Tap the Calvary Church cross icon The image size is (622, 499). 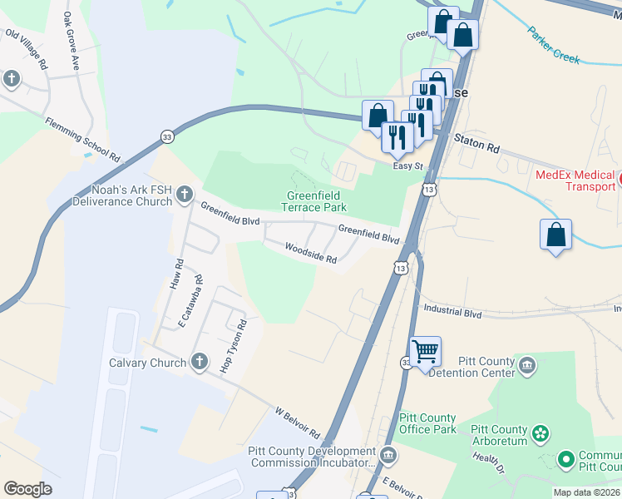point(198,362)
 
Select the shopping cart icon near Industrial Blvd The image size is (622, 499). point(425,352)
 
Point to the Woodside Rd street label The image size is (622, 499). point(310,253)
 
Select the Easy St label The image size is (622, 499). point(408,166)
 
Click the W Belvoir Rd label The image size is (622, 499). point(297,422)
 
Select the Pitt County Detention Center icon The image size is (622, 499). point(526,365)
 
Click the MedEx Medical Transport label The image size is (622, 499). point(574,180)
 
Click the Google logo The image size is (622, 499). point(28,488)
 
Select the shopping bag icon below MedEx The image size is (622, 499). point(555,235)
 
